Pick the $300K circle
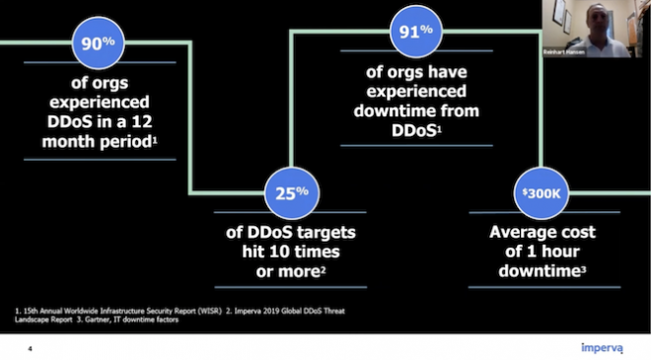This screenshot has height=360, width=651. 541,193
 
